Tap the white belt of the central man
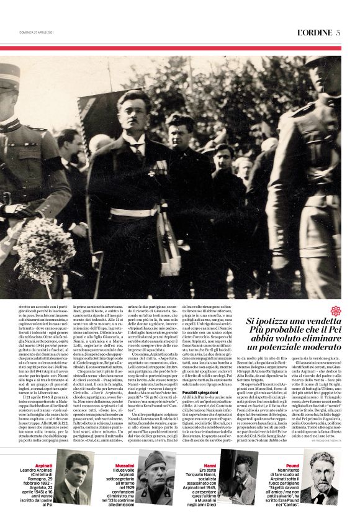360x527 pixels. [133, 212]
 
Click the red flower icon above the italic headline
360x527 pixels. [336, 310]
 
